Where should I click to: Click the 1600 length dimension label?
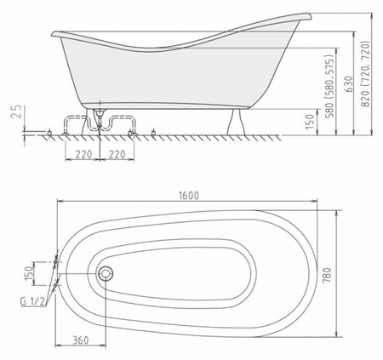pos(189,196)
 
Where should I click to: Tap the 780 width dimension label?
pos(327,275)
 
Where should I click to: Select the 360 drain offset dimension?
pos(81,340)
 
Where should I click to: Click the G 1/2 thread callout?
pos(32,301)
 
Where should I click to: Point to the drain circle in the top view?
pos(106,273)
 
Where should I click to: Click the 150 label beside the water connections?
pos(29,274)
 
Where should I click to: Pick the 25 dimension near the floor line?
pos(17,111)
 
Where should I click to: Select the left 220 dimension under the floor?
pos(83,155)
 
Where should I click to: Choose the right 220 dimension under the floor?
pos(117,155)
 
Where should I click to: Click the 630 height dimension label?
pos(349,84)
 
